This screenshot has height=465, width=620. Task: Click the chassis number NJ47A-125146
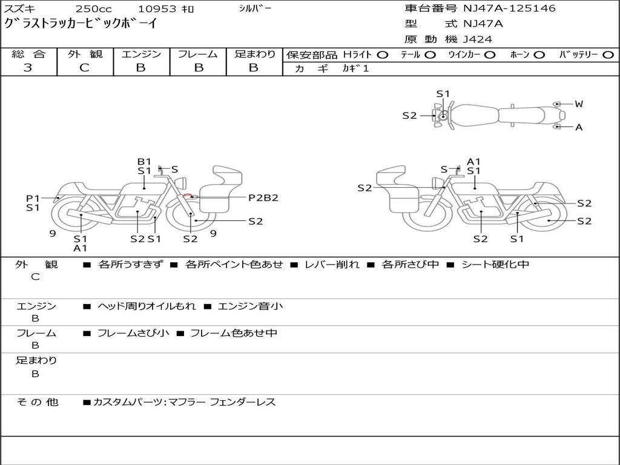tap(509, 8)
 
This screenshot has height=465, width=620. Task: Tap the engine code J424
tap(478, 39)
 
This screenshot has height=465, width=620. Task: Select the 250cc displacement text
tap(93, 8)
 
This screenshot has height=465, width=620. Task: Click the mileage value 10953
tap(157, 8)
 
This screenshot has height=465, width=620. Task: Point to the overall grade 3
tap(28, 68)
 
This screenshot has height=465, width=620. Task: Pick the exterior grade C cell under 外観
tap(84, 68)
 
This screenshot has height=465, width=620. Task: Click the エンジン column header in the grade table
tap(141, 54)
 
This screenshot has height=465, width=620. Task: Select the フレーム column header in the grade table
tap(197, 54)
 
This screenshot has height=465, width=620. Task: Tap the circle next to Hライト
tap(382, 54)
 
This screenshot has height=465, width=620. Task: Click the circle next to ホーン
tap(539, 54)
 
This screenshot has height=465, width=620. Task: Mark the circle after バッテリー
tap(608, 54)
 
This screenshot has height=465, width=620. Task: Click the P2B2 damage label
tap(263, 197)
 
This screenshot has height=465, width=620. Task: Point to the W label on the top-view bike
tap(579, 104)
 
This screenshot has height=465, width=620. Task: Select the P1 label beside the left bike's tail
tap(32, 198)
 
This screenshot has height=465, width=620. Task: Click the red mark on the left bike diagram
tap(188, 196)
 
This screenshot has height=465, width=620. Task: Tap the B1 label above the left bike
tap(144, 162)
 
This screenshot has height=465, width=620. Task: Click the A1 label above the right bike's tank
tap(473, 162)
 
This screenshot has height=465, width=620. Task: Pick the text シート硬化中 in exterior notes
tap(495, 265)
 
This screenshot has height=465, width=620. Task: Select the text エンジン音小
tap(250, 306)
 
